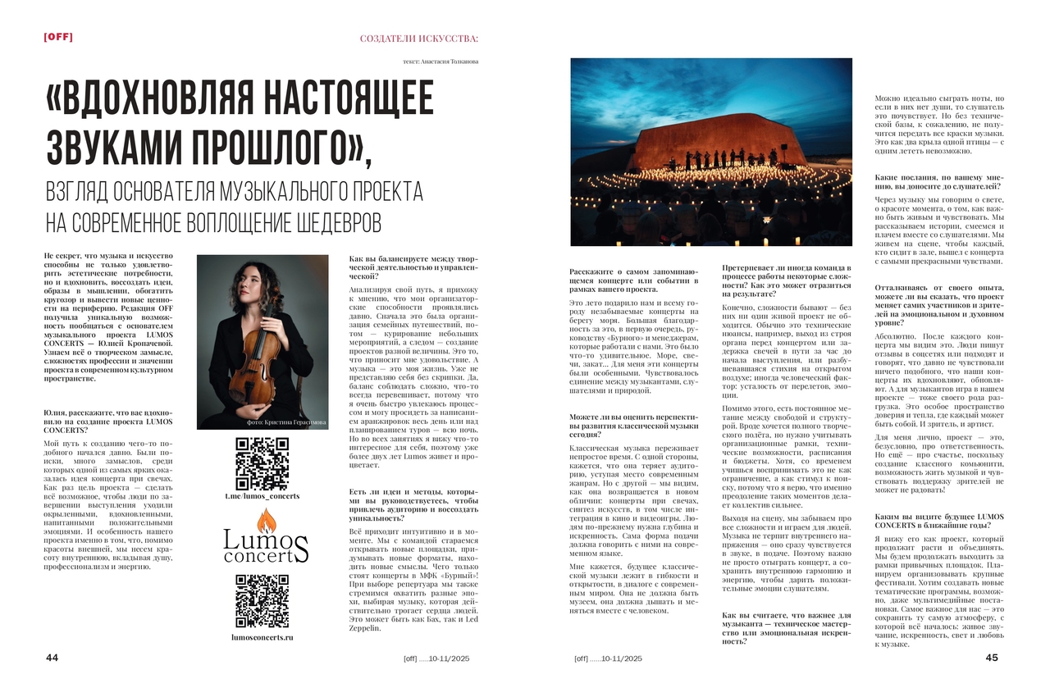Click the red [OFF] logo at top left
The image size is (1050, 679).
[x=60, y=36]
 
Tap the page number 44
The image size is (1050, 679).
[x=52, y=658]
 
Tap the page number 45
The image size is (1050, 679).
[x=992, y=658]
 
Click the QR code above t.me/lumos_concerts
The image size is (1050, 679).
[x=262, y=464]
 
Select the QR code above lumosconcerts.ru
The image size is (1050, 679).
[x=262, y=601]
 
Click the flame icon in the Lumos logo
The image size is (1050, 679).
[x=266, y=523]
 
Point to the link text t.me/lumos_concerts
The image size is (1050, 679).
[x=262, y=496]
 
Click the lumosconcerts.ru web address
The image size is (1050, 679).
[x=262, y=636]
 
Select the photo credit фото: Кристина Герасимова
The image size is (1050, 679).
[x=285, y=422]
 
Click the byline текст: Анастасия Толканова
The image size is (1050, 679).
[x=441, y=62]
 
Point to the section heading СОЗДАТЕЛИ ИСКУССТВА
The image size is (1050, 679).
[x=418, y=39]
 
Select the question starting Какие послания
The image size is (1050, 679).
[x=938, y=181]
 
